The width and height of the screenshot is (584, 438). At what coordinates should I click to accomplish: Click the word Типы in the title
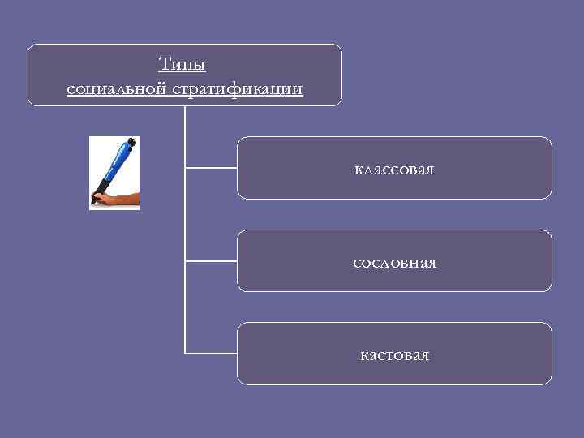[x=183, y=63]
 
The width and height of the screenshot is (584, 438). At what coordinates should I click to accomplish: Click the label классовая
[x=394, y=170]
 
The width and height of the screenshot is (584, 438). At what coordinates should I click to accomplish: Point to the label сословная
[x=394, y=263]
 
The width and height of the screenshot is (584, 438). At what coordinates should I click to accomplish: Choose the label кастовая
[x=394, y=355]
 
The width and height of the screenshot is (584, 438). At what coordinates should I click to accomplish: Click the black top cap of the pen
[x=131, y=142]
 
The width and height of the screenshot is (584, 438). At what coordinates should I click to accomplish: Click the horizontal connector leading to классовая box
[x=211, y=168]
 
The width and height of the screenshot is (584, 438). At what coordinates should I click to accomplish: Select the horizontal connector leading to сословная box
[x=211, y=261]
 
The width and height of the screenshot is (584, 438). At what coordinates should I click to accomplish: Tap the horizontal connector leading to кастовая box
[x=211, y=354]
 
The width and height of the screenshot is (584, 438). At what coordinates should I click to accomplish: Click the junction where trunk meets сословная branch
[x=185, y=261]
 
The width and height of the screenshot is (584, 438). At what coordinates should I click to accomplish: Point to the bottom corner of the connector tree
[x=185, y=354]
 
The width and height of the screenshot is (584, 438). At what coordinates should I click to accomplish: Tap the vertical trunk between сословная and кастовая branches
[x=185, y=308]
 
